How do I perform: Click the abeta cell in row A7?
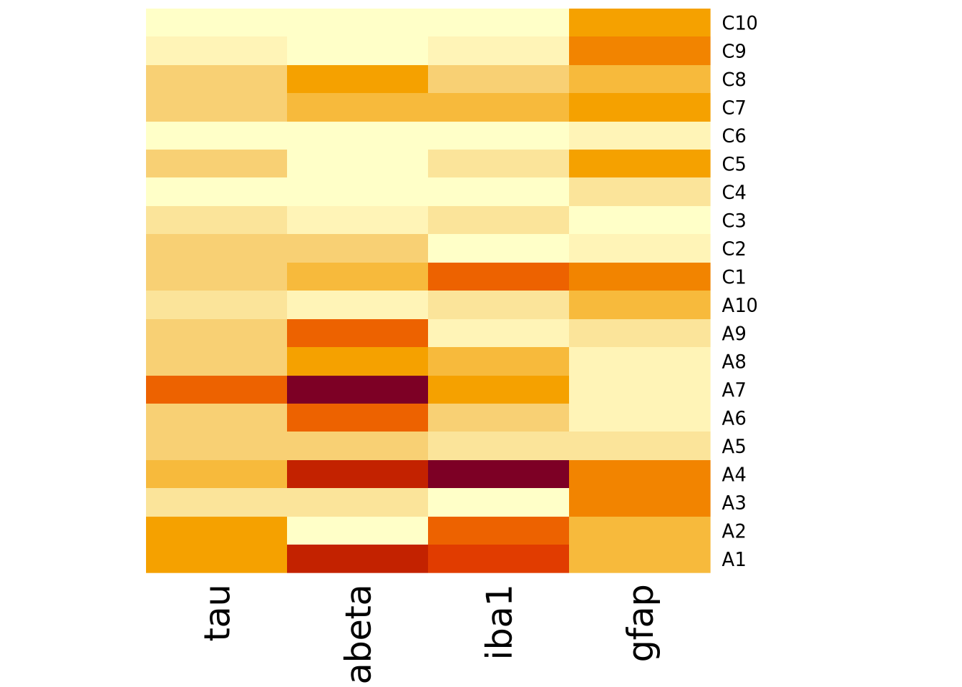coord(357,389)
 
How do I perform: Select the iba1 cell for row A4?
coord(498,474)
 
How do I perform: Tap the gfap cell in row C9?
coord(639,51)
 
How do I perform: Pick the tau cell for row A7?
coord(216,389)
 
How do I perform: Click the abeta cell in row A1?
coord(357,559)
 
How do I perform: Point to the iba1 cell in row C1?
coord(498,276)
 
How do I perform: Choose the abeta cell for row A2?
coord(357,530)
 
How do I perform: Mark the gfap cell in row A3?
coord(639,502)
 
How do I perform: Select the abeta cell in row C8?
coord(357,79)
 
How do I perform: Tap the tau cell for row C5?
coord(216,164)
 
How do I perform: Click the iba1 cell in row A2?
coord(498,530)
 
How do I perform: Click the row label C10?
coord(739,23)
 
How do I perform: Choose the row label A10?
coord(739,306)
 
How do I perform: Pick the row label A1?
coord(734,560)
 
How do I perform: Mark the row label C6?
coord(734,136)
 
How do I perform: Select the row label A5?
coord(734,447)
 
